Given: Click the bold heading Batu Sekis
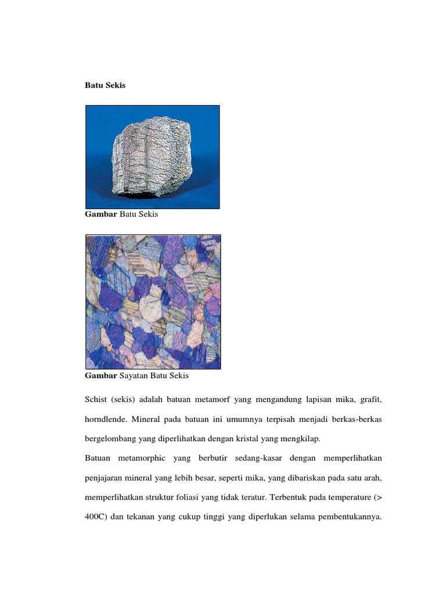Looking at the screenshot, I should pos(105,85).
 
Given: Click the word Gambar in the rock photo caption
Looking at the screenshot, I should pos(101,214).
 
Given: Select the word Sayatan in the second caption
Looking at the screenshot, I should pos(134,376).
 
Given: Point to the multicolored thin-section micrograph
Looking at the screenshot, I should pos(153,302).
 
